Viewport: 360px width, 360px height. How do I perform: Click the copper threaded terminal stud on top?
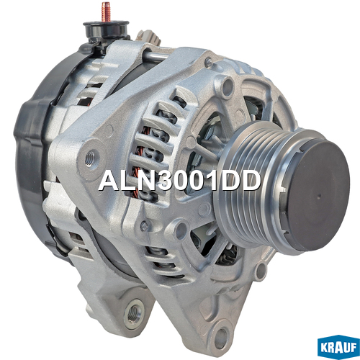106,12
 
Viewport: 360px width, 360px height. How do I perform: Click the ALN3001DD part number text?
179,181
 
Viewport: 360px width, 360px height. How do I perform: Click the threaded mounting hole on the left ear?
91,158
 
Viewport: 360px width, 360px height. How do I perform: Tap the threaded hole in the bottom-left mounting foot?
133,313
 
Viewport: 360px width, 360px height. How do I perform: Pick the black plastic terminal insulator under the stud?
107,31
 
